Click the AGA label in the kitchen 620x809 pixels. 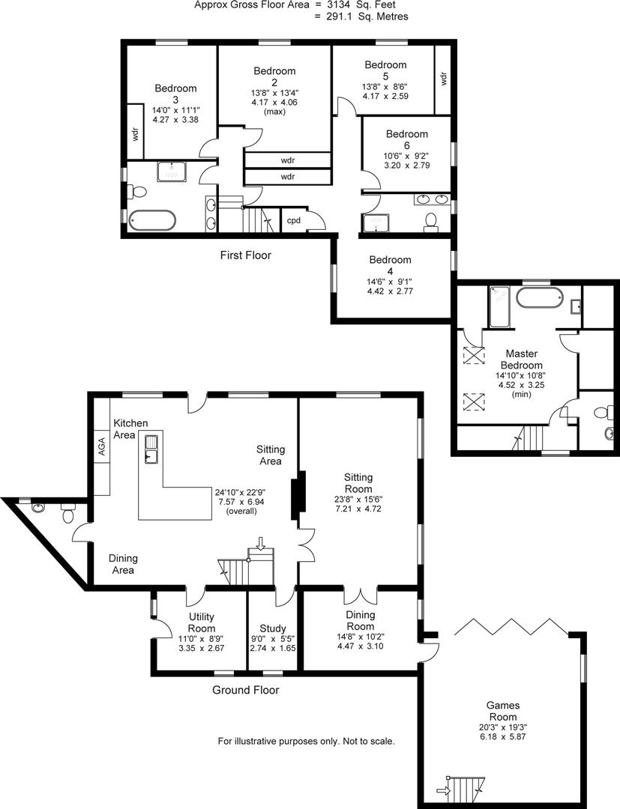pyautogui.click(x=101, y=446)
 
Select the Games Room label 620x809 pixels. pyautogui.click(x=503, y=711)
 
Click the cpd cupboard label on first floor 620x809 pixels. pyautogui.click(x=293, y=220)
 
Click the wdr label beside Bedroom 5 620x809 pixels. pyautogui.click(x=443, y=79)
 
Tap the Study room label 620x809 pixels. pyautogui.click(x=273, y=628)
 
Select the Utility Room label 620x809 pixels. pyautogui.click(x=201, y=622)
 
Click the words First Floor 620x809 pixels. pyautogui.click(x=245, y=255)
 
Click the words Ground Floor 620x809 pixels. pyautogui.click(x=246, y=690)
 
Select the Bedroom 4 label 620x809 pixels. pyautogui.click(x=391, y=265)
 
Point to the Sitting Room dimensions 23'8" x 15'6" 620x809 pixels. pyautogui.click(x=358, y=502)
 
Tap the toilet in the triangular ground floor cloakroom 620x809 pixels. pyautogui.click(x=68, y=515)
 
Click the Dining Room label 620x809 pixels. pyautogui.click(x=361, y=621)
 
